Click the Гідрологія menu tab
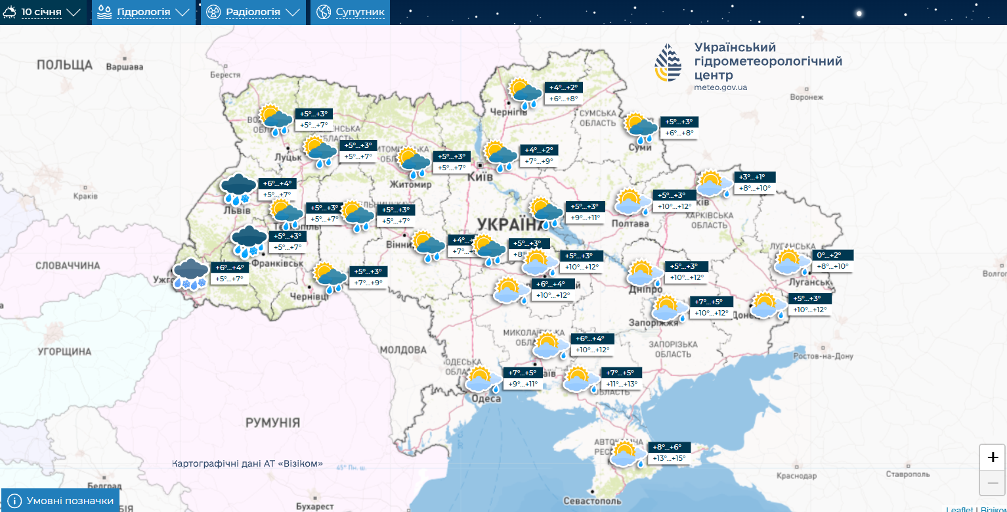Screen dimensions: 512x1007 pos(143,12)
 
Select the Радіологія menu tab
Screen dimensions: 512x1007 pos(253,12)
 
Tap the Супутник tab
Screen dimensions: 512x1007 pos(351,12)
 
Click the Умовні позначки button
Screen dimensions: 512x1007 pos(60,501)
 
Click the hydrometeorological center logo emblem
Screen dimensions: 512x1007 pos(668,63)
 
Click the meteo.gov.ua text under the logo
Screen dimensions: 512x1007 pos(720,87)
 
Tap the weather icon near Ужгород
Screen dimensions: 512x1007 pos(190,274)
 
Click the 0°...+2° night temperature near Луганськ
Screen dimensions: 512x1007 pos(833,255)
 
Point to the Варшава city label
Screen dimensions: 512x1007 pos(124,67)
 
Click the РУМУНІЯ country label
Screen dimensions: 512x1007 pos(272,422)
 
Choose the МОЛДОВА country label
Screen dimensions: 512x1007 pos(404,349)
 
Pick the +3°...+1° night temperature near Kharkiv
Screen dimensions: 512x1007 pos(755,177)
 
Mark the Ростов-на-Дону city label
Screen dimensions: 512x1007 pos(823,356)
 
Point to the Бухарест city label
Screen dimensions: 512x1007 pos(315,506)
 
